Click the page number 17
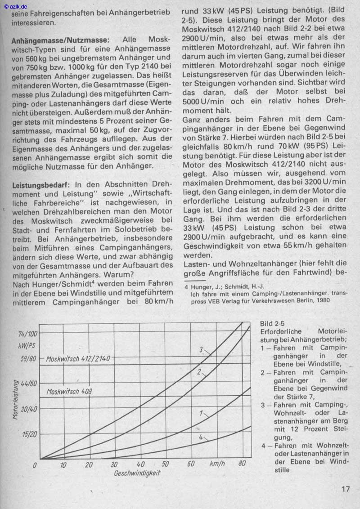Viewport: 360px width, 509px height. click(345, 489)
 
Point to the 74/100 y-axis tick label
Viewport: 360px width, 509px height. click(28, 334)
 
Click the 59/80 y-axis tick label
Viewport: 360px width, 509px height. click(27, 360)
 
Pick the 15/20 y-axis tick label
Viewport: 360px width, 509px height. click(28, 434)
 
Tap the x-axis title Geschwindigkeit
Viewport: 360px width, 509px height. click(137, 473)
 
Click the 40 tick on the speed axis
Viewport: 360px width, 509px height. click(140, 464)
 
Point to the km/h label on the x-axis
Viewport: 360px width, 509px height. click(217, 464)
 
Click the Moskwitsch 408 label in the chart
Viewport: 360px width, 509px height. click(69, 391)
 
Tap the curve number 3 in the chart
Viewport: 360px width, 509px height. click(202, 349)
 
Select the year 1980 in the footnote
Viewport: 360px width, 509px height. click(321, 300)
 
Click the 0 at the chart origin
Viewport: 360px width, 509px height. click(35, 465)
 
